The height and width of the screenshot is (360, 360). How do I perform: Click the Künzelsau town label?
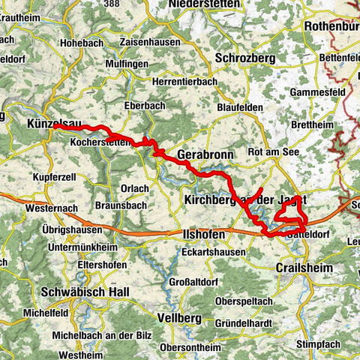pyautogui.click(x=49, y=123)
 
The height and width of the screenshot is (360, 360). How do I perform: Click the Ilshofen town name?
pyautogui.click(x=203, y=235)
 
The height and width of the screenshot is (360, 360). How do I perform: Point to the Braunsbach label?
pyautogui.click(x=119, y=204)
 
